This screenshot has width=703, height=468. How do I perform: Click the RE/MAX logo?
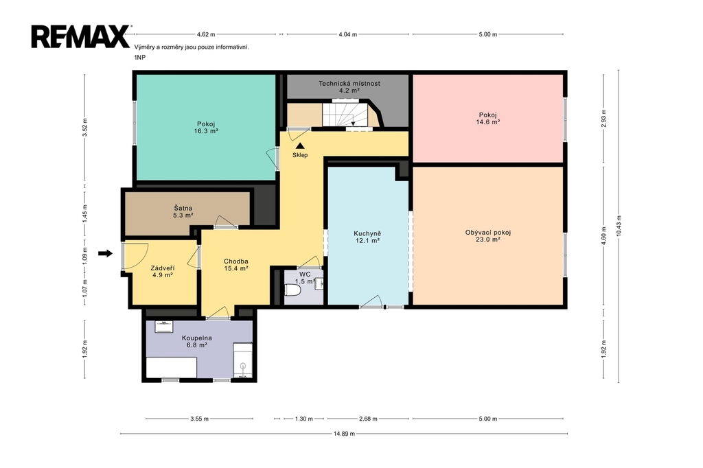81,36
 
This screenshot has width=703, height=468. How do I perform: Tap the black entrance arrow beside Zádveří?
105,254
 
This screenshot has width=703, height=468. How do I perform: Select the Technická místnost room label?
349,87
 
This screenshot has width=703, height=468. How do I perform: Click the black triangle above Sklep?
300,145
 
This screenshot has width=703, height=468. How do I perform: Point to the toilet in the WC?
292,290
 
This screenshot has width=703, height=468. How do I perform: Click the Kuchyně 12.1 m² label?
367,237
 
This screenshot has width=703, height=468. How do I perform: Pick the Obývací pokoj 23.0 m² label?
488,236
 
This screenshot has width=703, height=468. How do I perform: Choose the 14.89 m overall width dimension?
344,434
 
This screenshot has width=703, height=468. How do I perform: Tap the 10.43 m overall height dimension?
619,226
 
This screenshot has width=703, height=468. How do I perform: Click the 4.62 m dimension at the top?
206,34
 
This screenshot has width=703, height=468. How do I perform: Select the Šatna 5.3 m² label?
183,211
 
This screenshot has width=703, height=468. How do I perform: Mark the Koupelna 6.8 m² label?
197,342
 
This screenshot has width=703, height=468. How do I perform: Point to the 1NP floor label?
139,58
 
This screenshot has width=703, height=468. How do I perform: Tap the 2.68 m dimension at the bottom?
368,419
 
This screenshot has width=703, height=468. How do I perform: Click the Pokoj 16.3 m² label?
206,128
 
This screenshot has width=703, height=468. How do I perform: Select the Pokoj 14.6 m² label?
488,118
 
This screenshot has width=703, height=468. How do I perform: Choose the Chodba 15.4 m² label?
236,265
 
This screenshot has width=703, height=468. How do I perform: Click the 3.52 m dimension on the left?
84,127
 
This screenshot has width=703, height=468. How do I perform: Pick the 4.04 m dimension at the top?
348,34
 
